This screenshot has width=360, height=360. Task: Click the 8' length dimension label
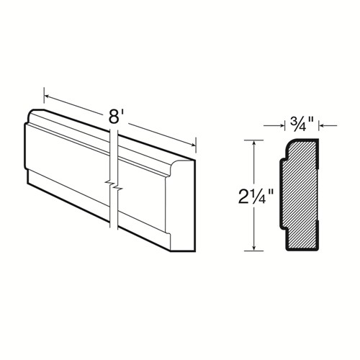click(114, 115)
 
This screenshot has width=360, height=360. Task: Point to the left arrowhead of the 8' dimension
click(47, 92)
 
